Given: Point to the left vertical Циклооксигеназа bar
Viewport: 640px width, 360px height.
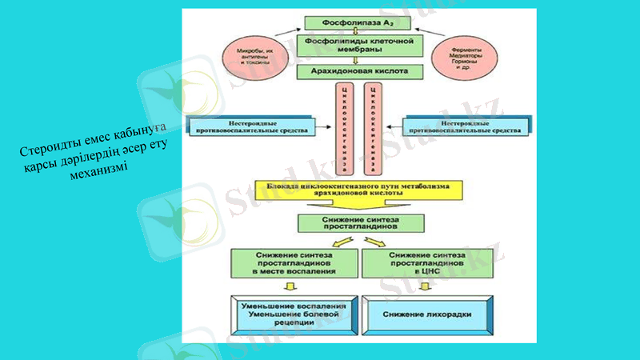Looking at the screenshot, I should [x=345, y=127].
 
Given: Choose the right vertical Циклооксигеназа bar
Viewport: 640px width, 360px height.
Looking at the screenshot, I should [x=370, y=127].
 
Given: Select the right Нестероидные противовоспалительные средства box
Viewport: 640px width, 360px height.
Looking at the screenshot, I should [x=466, y=127].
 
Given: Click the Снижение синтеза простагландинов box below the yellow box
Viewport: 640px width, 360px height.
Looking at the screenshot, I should [x=356, y=223].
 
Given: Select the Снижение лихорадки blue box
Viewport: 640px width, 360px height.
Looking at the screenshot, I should [x=425, y=314].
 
